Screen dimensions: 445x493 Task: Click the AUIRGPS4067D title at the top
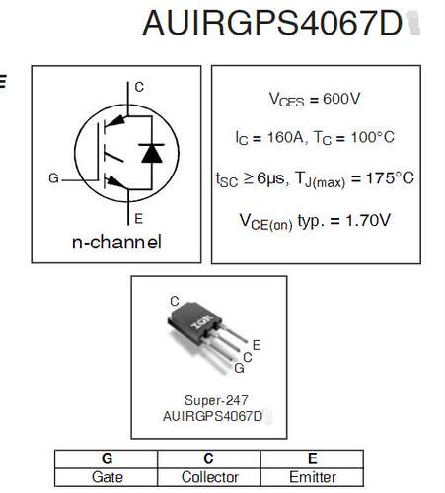coord(272,23)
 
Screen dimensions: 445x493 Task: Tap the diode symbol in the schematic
coord(152,153)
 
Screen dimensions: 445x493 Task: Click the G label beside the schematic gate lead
coord(53,178)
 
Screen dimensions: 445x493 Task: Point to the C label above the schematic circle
coord(139,87)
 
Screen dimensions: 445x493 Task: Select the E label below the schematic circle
coord(138,219)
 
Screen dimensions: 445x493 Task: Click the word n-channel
coord(116,243)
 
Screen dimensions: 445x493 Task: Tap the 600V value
coord(341,99)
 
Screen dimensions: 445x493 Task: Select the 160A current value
coord(285,137)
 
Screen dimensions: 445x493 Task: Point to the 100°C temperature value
coord(372,137)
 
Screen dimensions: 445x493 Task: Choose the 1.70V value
coord(368,220)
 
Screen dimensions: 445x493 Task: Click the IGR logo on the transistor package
coord(202,322)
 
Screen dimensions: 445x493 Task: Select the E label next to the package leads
coord(257,345)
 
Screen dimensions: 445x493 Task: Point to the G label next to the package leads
coord(239,368)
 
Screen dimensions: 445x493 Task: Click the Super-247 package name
coord(216,400)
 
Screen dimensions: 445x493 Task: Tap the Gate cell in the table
coord(107,477)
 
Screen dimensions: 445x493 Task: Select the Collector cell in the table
coord(209,477)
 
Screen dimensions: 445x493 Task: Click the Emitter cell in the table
coord(312,477)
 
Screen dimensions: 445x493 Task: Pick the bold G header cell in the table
coord(107,459)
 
